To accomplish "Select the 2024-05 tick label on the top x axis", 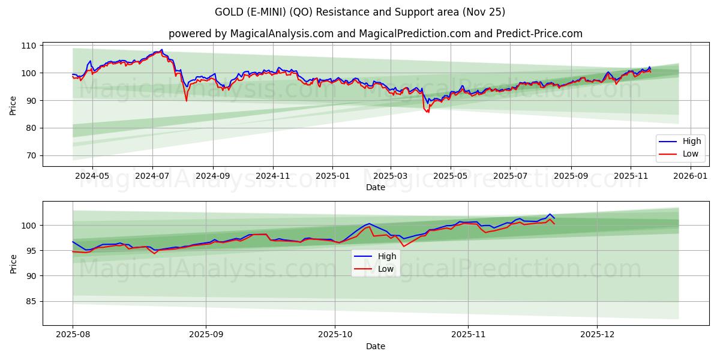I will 92,176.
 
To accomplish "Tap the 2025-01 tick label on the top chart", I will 332,176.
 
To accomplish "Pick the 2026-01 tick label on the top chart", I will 691,176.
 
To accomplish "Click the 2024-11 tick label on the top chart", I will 273,176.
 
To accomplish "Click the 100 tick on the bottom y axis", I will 30,226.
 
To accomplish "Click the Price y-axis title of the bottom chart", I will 13,263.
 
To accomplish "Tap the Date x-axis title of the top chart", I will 376,187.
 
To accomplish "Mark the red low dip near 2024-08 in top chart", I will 186,100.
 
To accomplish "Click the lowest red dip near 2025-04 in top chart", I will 428,112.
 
